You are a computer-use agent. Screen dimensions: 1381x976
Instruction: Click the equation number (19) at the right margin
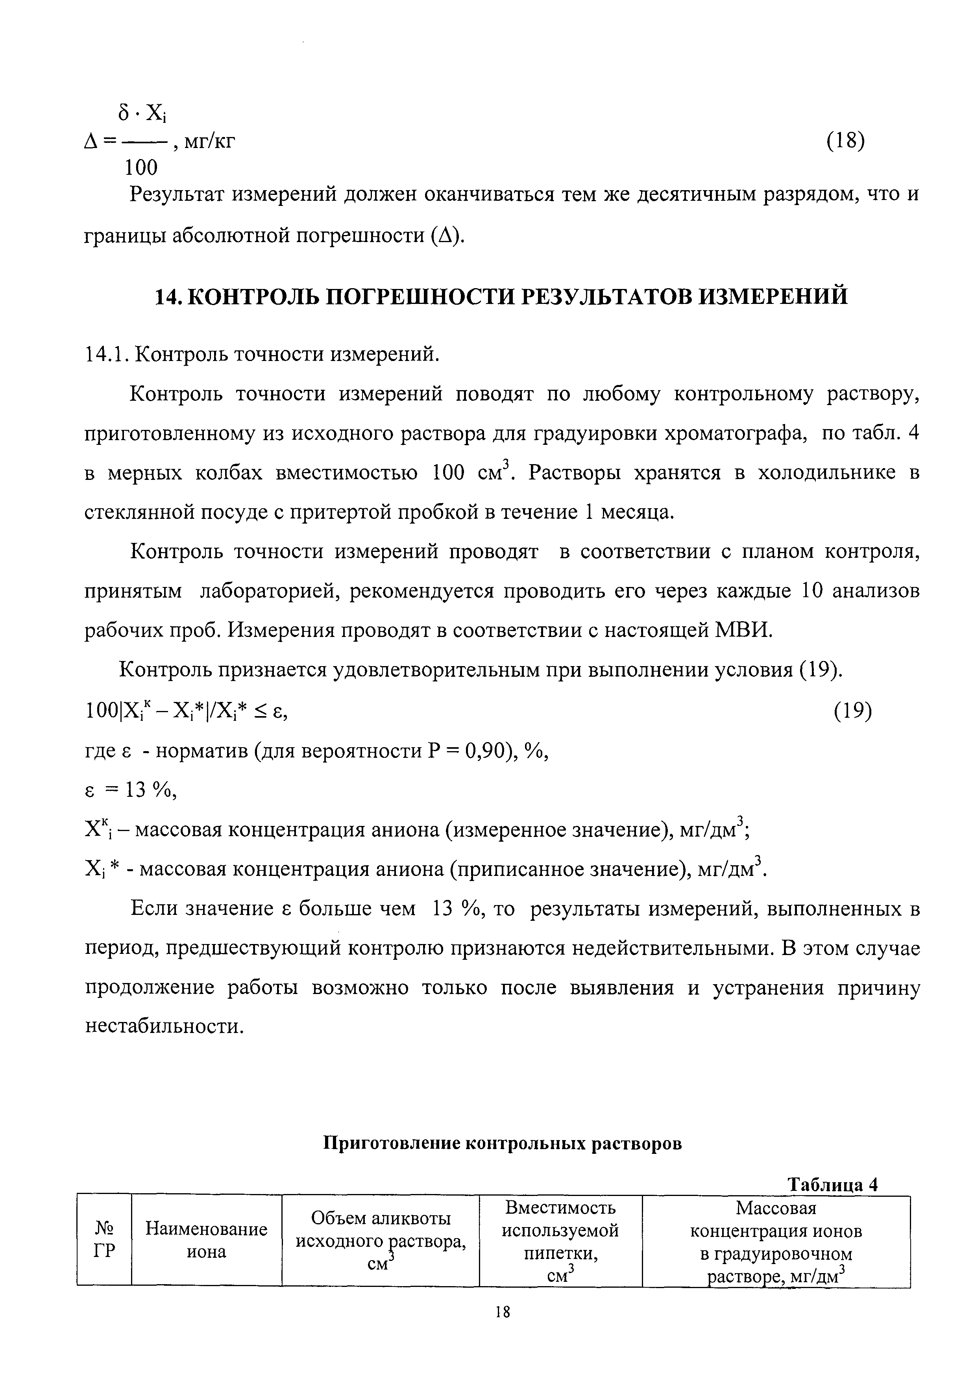click(x=852, y=711)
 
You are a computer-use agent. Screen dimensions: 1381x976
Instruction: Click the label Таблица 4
click(x=834, y=1184)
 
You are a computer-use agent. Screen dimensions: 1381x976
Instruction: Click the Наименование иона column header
click(x=206, y=1240)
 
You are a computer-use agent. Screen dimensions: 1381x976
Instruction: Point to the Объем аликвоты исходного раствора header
click(x=381, y=1240)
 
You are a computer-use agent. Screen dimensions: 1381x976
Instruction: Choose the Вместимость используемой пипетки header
click(x=560, y=1240)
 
